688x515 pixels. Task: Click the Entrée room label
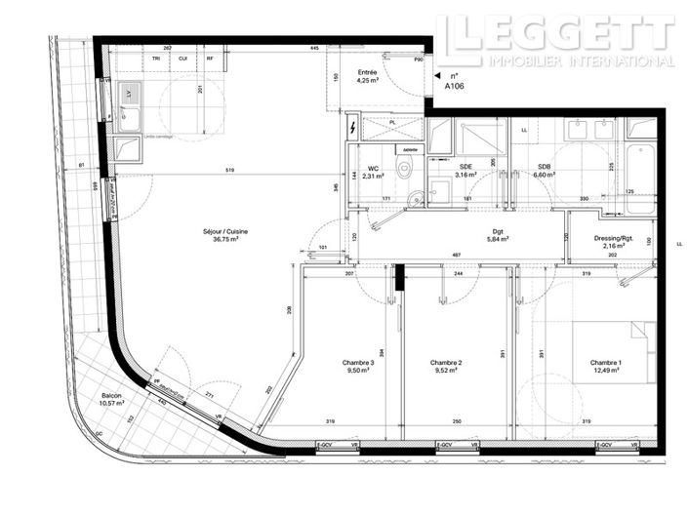coord(367,72)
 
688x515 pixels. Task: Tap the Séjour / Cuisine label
coord(224,231)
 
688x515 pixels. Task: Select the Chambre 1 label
coord(605,363)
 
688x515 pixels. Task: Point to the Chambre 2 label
coord(445,363)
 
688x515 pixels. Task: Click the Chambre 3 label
coord(357,363)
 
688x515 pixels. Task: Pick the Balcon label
coord(112,396)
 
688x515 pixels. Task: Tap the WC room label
coord(373,167)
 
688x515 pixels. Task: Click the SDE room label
coord(466,167)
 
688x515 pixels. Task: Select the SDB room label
coord(545,167)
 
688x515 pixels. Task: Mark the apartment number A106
coord(455,86)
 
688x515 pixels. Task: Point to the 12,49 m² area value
coord(605,372)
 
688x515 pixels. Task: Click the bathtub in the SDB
coord(641,166)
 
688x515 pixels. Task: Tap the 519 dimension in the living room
coord(229,172)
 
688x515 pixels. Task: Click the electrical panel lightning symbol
coord(352,127)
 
